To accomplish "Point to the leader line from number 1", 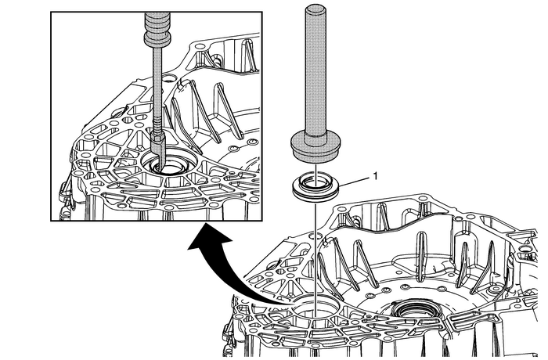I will click(351, 182).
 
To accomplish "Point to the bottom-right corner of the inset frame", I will click(258, 220).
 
